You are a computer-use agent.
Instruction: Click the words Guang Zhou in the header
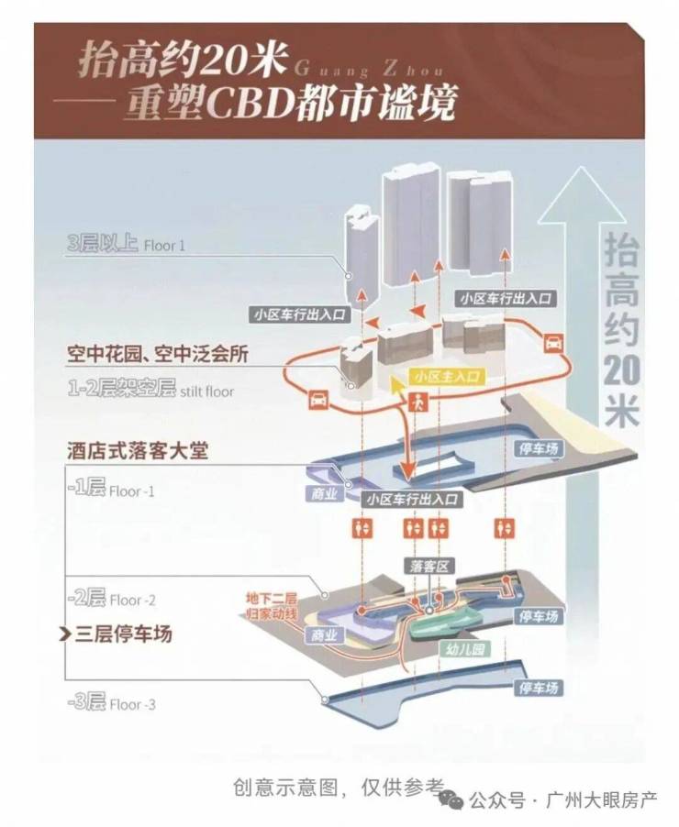367,71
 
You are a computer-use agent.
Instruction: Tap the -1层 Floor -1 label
110,490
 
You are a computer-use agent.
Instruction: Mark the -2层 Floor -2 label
110,599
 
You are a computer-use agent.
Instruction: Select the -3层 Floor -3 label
110,703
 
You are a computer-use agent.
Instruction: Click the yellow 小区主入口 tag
447,377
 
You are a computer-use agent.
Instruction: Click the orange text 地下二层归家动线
271,606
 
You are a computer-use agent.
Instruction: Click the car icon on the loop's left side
317,399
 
